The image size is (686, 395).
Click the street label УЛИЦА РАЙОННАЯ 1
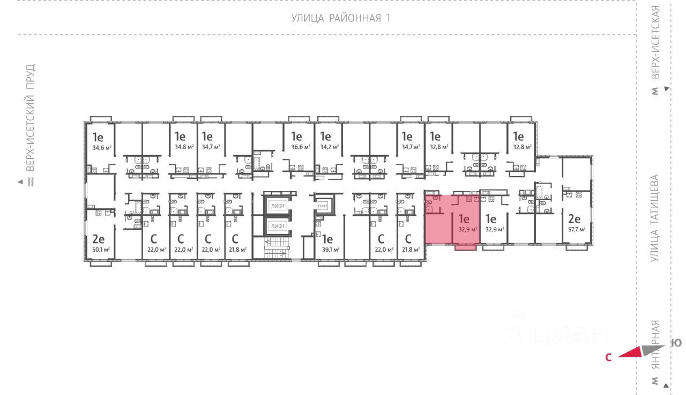340,18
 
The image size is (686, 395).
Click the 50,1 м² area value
101,250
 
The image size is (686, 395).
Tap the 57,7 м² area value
576,229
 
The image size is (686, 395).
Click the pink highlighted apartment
450,220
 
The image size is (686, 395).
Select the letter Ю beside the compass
677,343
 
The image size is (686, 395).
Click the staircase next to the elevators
277,250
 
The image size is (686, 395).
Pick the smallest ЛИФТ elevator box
323,206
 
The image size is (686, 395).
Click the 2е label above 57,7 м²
574,219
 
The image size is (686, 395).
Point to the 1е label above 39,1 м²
327,239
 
